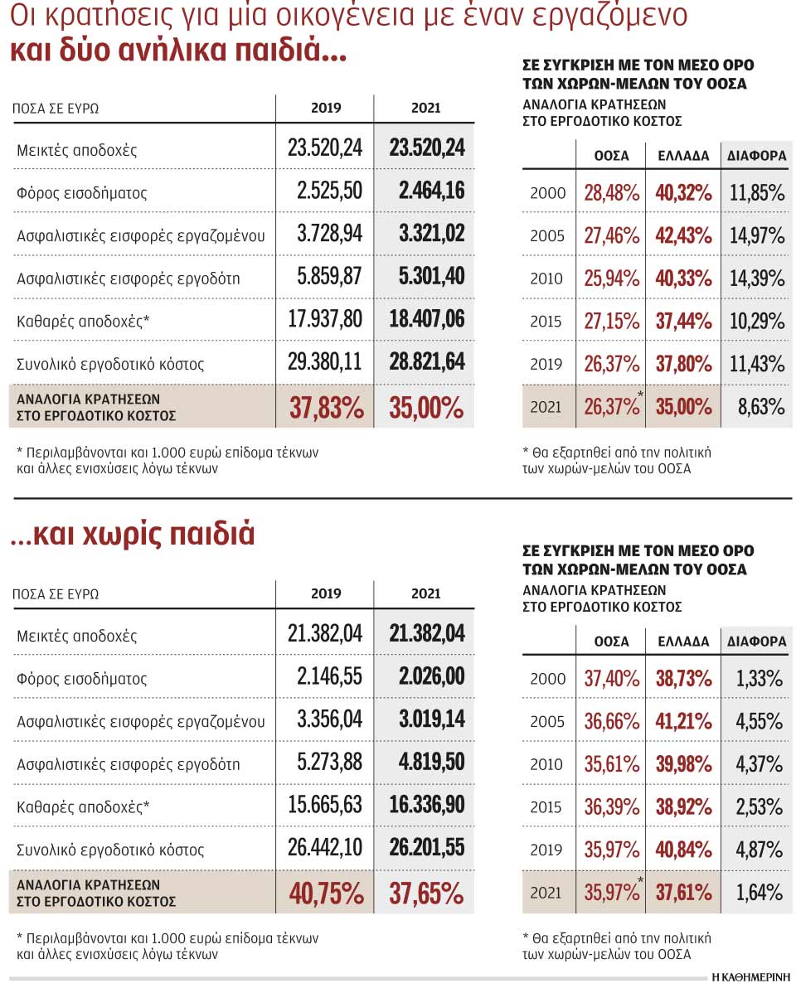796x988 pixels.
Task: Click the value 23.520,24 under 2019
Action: pyautogui.click(x=325, y=148)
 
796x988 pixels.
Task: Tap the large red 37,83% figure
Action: pyautogui.click(x=327, y=407)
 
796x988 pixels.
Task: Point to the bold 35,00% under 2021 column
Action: pyautogui.click(x=426, y=407)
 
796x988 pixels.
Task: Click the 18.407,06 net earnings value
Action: pyautogui.click(x=426, y=319)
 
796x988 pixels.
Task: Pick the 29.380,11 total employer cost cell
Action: pyautogui.click(x=325, y=362)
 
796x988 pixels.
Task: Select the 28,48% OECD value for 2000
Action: pyautogui.click(x=611, y=193)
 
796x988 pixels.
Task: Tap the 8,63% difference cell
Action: pyautogui.click(x=760, y=407)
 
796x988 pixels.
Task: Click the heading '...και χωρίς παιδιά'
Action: pyautogui.click(x=133, y=535)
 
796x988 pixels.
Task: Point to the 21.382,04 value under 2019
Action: pyautogui.click(x=325, y=634)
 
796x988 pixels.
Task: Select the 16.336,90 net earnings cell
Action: pyautogui.click(x=426, y=805)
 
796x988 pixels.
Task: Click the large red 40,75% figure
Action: pyautogui.click(x=327, y=893)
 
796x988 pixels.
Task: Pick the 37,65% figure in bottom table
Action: pyautogui.click(x=426, y=893)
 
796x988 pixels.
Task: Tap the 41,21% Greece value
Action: pyautogui.click(x=683, y=721)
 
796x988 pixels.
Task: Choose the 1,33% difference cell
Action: pyautogui.click(x=759, y=679)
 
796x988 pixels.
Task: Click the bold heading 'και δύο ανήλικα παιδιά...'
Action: pyautogui.click(x=177, y=51)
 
